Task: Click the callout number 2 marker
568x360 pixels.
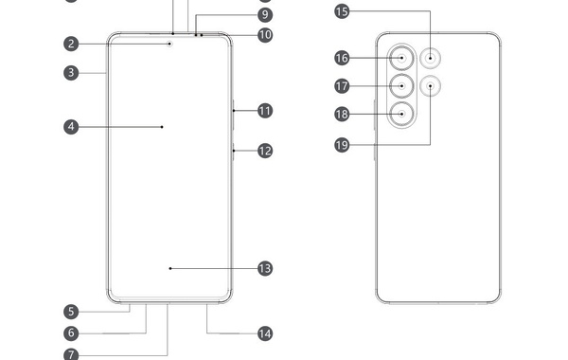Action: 71,43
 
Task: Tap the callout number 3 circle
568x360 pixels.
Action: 71,71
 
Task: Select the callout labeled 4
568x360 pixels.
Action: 71,125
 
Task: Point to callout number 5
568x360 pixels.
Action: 71,311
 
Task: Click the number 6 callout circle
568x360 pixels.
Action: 71,333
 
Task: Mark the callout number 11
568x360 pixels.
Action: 265,111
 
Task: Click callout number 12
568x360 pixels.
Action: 265,150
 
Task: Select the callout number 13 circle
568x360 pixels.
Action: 265,268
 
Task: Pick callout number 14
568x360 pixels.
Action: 265,333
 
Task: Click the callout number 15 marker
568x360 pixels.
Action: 342,11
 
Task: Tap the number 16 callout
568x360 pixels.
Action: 342,58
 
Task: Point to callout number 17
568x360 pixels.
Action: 342,85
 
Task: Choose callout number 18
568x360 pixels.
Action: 342,114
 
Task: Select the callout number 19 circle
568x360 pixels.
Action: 342,144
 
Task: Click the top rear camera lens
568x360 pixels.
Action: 403,58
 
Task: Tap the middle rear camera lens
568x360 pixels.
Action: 403,85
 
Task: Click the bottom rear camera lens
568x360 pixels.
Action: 403,114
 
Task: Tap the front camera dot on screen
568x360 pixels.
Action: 170,43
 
